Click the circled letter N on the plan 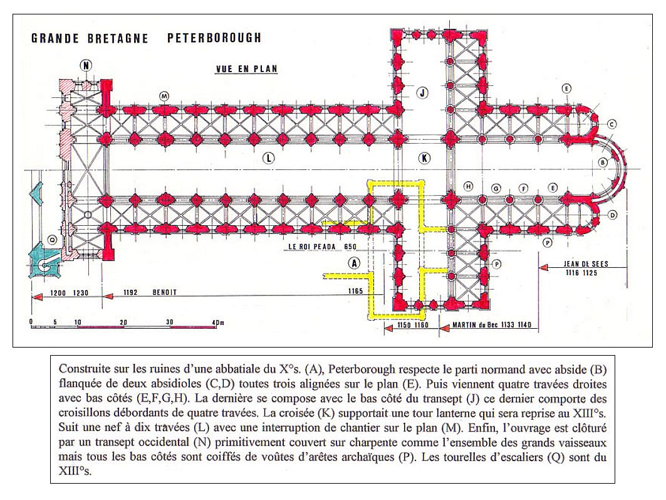coord(86,65)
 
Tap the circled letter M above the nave coord(164,97)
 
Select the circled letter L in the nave coord(268,158)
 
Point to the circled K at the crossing coord(424,158)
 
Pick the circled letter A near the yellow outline coord(354,263)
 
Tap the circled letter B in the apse coord(602,162)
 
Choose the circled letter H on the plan coord(468,186)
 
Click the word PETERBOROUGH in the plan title coord(214,38)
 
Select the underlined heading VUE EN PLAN coord(246,69)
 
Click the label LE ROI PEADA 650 coord(323,247)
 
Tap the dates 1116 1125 coord(581,273)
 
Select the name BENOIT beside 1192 coord(164,292)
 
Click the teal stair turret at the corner coord(44,262)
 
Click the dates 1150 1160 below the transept coord(412,325)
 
